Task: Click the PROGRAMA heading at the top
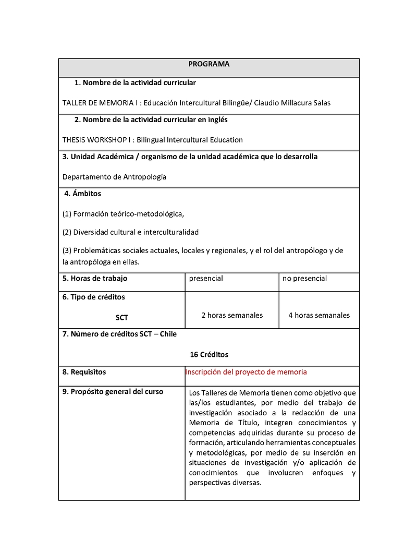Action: (x=208, y=64)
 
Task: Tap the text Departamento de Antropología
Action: (x=114, y=177)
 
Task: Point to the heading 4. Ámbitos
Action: (x=83, y=194)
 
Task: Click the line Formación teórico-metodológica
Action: (x=124, y=213)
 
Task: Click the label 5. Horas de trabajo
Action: (x=94, y=279)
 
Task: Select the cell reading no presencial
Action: (x=304, y=279)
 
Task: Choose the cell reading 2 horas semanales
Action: (x=232, y=315)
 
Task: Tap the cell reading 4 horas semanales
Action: (x=319, y=315)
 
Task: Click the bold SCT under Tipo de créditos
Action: (x=122, y=317)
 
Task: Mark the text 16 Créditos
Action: (x=209, y=354)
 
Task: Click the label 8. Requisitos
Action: (x=84, y=372)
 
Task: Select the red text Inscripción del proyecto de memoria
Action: (x=246, y=372)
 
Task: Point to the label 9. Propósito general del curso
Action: (x=113, y=392)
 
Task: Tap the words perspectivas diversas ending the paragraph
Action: (x=225, y=483)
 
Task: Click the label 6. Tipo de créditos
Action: (x=93, y=297)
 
